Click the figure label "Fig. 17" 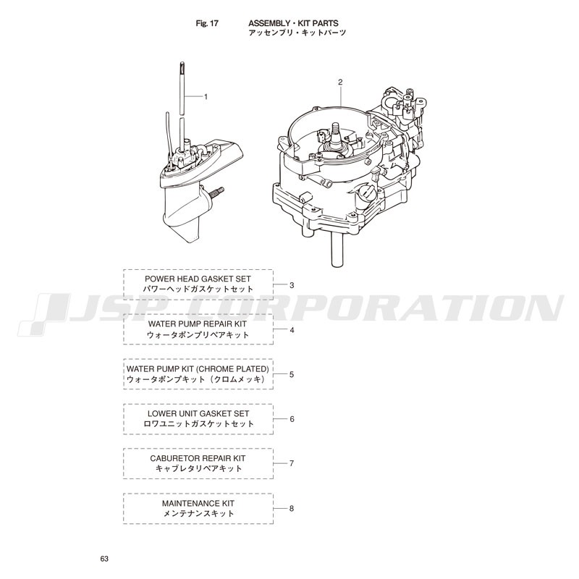207,23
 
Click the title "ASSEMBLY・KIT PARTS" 293,23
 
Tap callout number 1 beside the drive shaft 206,97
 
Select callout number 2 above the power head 340,82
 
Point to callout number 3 292,285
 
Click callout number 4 292,330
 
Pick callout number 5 292,374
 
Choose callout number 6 292,419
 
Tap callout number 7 292,463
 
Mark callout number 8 292,509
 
